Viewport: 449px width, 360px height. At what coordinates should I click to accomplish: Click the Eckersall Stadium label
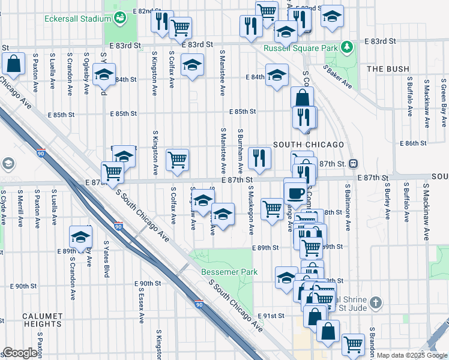point(75,19)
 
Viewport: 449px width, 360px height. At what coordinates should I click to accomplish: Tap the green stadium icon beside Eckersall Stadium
point(120,18)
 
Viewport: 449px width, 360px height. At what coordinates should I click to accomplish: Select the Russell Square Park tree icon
point(346,46)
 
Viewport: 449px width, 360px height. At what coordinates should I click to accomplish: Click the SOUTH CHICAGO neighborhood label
point(309,145)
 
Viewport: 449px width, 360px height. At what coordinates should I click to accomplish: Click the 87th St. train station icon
point(354,163)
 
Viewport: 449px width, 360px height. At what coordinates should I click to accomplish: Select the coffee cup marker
point(295,193)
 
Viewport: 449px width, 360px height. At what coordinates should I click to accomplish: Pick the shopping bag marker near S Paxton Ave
point(13,64)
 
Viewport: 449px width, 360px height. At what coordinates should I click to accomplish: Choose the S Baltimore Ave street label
point(348,208)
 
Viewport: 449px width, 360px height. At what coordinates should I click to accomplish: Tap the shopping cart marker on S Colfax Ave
point(177,160)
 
